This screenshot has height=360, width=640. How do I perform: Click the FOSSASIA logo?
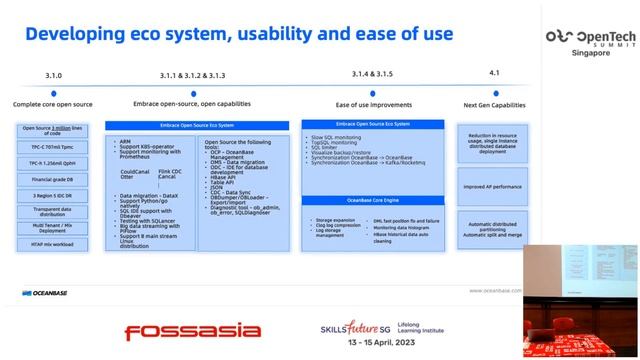[x=185, y=329]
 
